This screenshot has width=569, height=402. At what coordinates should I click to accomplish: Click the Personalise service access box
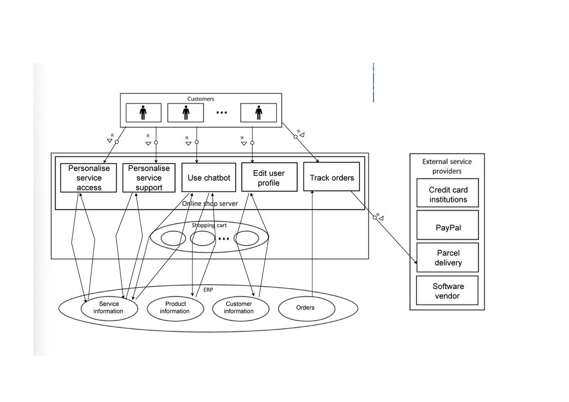[x=89, y=178]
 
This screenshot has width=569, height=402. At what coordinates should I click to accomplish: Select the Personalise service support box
[x=149, y=178]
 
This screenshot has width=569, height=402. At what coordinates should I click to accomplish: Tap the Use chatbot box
[x=209, y=178]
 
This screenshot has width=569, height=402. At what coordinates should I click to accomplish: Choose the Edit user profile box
[x=269, y=178]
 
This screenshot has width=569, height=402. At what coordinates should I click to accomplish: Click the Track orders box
[x=331, y=178]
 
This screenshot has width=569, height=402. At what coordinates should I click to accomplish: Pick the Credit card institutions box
[x=448, y=194]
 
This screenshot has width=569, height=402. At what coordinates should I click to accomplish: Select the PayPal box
[x=448, y=228]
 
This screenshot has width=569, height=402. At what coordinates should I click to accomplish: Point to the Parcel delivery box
[x=448, y=258]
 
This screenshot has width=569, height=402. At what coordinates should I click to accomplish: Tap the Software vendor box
[x=448, y=291]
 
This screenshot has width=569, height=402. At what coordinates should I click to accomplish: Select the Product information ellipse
[x=175, y=308]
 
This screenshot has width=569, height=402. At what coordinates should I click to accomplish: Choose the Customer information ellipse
[x=239, y=308]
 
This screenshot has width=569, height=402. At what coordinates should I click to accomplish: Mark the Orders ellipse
[x=305, y=308]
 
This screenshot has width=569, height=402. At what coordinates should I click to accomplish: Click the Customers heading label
[x=201, y=99]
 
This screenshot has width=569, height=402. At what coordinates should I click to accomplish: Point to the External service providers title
[x=447, y=166]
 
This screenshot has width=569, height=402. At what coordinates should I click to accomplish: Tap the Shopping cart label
[x=209, y=225]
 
